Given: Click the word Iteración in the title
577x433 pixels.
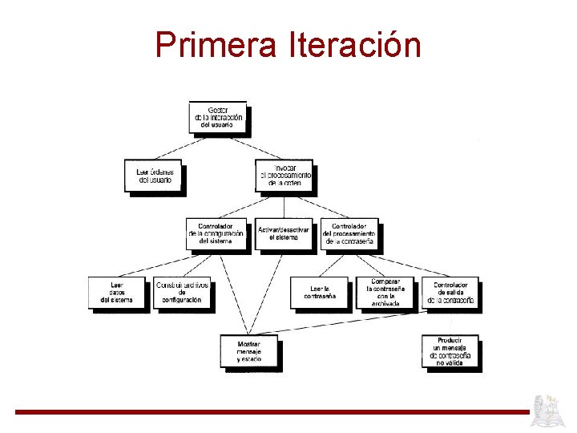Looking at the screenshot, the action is [352, 45].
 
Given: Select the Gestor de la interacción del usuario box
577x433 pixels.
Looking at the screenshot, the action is [216, 117].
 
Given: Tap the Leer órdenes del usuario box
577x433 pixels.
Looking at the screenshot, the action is [154, 176].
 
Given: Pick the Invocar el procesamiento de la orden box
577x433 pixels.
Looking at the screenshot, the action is [284, 176].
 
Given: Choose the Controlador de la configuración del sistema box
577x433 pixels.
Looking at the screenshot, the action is [216, 233].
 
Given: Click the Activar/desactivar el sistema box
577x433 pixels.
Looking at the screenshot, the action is [283, 233].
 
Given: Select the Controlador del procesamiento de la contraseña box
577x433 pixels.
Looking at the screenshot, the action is [349, 233].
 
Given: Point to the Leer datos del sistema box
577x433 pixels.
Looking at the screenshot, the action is [117, 293].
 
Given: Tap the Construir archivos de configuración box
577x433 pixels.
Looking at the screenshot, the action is [182, 293].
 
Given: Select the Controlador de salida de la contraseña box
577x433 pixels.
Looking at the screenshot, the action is [450, 293].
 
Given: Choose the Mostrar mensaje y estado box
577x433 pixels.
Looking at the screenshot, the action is [248, 350].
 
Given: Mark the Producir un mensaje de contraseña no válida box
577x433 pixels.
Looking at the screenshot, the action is [450, 351].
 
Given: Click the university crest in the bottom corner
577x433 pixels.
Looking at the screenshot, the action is [550, 411].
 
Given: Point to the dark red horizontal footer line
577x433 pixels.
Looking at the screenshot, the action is [272, 412].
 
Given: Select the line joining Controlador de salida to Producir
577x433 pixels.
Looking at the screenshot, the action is [450, 322].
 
